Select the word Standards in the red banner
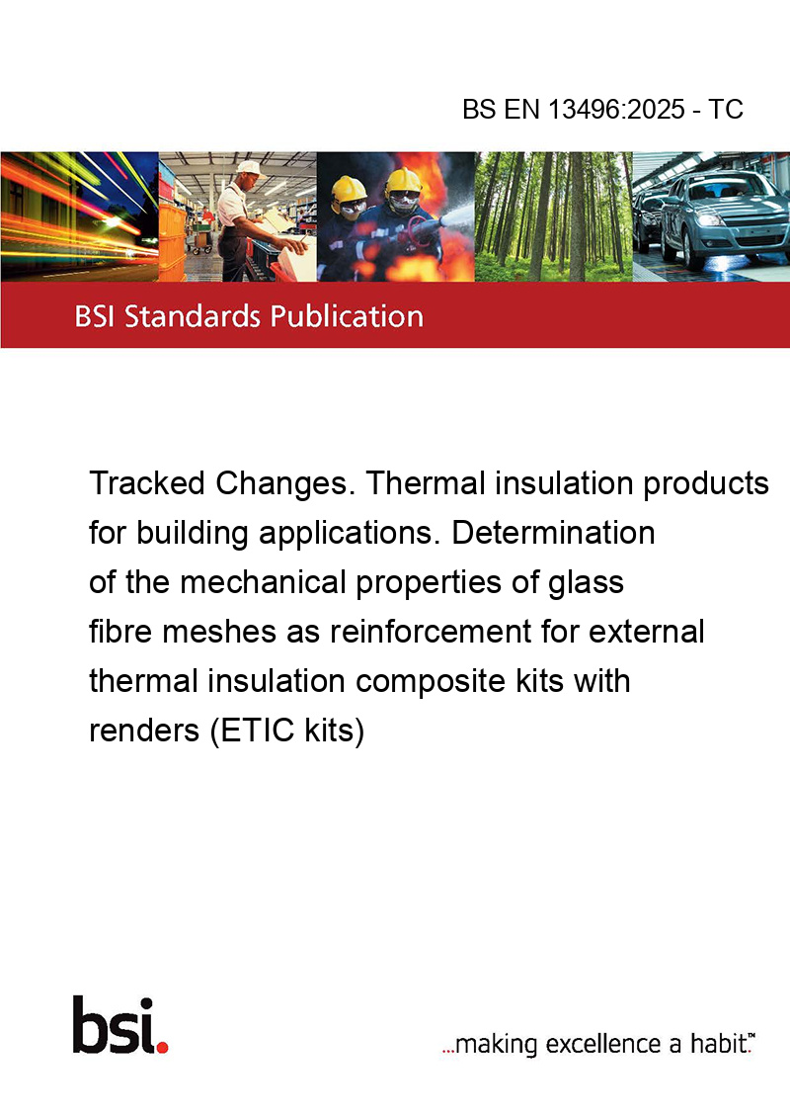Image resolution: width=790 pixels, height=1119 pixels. click(192, 315)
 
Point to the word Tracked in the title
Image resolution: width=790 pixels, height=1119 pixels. click(147, 483)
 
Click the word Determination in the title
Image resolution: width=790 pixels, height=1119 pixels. click(553, 533)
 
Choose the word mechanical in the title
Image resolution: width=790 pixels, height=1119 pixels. click(263, 581)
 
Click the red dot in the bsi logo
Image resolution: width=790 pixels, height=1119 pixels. click(163, 1047)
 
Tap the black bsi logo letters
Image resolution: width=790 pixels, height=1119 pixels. click(115, 1025)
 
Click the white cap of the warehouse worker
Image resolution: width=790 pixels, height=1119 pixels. click(250, 168)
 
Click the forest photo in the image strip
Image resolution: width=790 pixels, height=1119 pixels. click(553, 216)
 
